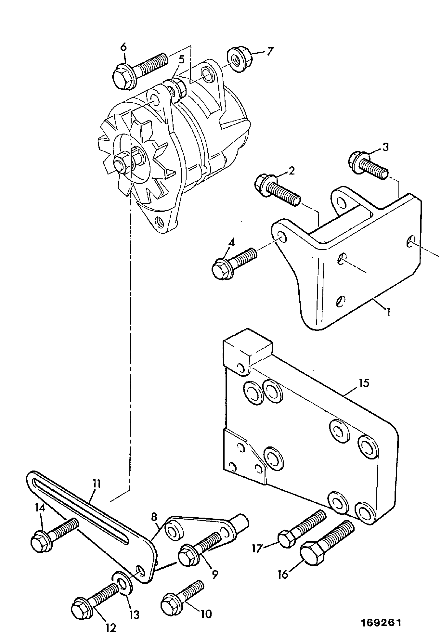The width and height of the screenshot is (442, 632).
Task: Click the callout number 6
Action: [x=123, y=47]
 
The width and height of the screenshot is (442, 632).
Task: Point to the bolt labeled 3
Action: [x=368, y=166]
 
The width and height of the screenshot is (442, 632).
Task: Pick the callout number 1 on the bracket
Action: [x=388, y=312]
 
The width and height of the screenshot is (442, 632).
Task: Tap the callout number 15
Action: [x=364, y=383]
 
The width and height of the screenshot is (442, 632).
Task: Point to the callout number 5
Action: [x=181, y=59]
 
